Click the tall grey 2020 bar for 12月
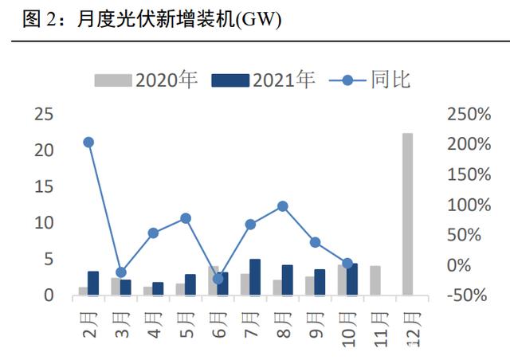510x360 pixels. [x=407, y=214]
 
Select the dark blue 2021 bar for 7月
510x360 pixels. [x=255, y=277]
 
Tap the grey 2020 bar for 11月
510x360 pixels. [x=375, y=280]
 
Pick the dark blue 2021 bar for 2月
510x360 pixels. [x=93, y=284]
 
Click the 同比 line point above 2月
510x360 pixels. [x=88, y=143]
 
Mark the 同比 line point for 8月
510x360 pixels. [x=282, y=206]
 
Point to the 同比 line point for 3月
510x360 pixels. [x=121, y=272]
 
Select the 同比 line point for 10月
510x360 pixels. [x=347, y=263]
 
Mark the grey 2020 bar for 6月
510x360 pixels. [x=213, y=280]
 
